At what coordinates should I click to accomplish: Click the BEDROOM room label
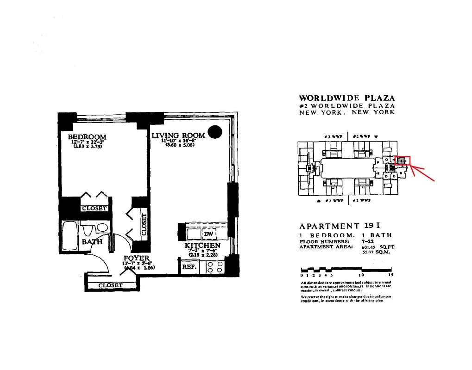(87, 137)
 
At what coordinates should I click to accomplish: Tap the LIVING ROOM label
(178, 136)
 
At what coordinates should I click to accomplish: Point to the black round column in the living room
(214, 132)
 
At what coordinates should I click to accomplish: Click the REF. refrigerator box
(189, 267)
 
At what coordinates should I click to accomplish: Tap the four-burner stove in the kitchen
(215, 267)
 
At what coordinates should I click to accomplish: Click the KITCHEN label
(202, 246)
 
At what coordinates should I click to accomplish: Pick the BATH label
(92, 242)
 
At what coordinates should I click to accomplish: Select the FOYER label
(136, 258)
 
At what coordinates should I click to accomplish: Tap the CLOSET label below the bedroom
(94, 209)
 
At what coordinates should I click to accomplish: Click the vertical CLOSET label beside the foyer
(144, 224)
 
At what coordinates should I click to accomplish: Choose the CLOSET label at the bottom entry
(111, 285)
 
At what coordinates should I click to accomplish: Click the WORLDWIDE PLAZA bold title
(347, 98)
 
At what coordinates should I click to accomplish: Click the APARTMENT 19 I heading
(340, 226)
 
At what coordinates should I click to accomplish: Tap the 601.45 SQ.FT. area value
(378, 247)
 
